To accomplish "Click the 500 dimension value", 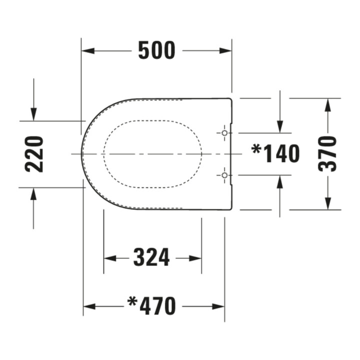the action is pyautogui.click(x=157, y=50).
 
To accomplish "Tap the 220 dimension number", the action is pyautogui.click(x=34, y=154).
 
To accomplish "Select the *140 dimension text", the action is pyautogui.click(x=275, y=153).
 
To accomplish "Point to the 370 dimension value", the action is pyautogui.click(x=327, y=154).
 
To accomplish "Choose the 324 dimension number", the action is pyautogui.click(x=151, y=257).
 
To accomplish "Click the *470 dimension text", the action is pyautogui.click(x=152, y=306).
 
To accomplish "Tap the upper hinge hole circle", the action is pyautogui.click(x=224, y=133).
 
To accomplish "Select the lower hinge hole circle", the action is pyautogui.click(x=224, y=175).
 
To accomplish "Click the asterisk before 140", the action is pyautogui.click(x=256, y=149).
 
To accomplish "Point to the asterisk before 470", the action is pyautogui.click(x=132, y=302).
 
